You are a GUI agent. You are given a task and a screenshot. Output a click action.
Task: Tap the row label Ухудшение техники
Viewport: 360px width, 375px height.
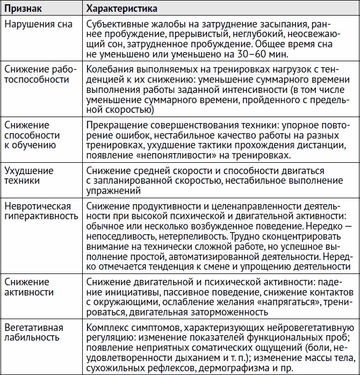tap(29, 176)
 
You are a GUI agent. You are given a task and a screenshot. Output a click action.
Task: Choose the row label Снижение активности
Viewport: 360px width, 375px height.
tap(29, 287)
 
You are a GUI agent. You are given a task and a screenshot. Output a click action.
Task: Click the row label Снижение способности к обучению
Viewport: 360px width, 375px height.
tap(32, 134)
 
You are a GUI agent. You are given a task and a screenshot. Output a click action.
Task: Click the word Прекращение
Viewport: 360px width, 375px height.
tap(114, 125)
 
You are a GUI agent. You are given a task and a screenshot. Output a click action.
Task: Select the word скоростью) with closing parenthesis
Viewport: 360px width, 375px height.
tap(132, 110)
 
